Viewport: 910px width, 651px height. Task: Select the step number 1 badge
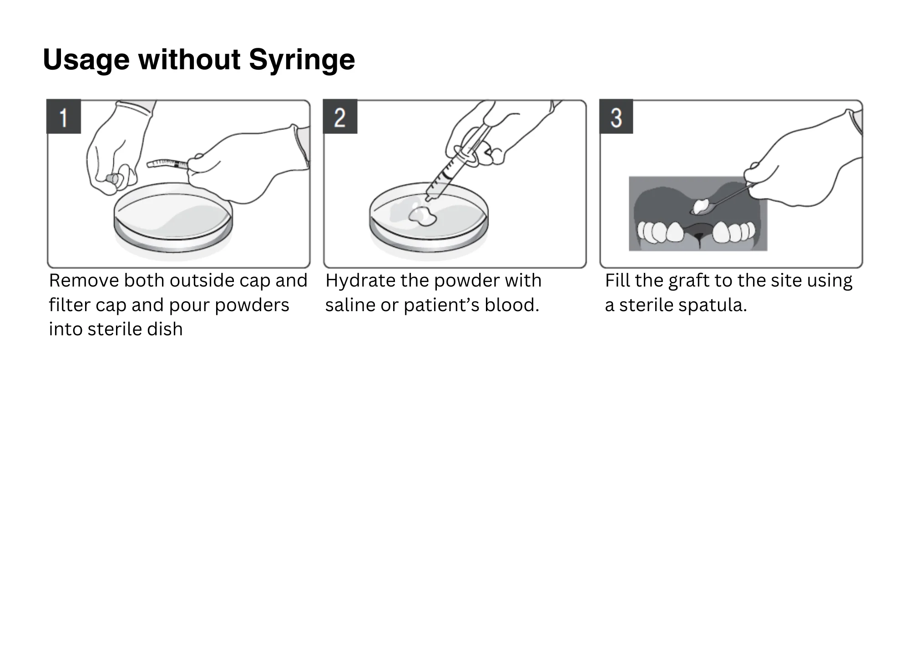tap(64, 117)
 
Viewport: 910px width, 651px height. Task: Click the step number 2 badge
tap(340, 117)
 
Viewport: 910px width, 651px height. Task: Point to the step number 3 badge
tap(616, 117)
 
